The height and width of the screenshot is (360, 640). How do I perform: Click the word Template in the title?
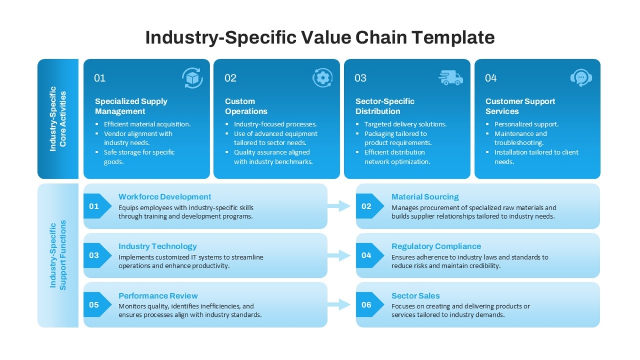pyautogui.click(x=453, y=37)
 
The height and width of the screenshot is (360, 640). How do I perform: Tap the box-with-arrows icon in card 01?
pyautogui.click(x=193, y=78)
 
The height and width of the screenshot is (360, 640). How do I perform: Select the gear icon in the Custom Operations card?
pyautogui.click(x=323, y=77)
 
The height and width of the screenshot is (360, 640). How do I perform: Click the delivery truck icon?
pyautogui.click(x=451, y=78)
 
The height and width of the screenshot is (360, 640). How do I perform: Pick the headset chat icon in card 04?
pyautogui.click(x=581, y=77)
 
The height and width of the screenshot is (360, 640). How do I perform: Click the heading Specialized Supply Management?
pyautogui.click(x=131, y=106)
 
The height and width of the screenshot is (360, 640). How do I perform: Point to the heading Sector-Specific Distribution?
pyautogui.click(x=385, y=106)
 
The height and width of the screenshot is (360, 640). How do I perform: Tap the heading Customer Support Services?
pyautogui.click(x=520, y=106)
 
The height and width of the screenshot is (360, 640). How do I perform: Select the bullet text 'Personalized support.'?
pyautogui.click(x=526, y=124)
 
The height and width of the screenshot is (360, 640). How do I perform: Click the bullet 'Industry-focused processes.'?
pyautogui.click(x=275, y=124)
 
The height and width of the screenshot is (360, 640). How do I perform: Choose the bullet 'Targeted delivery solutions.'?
pyautogui.click(x=405, y=124)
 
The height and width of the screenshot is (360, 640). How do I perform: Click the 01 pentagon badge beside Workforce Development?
pyautogui.click(x=98, y=206)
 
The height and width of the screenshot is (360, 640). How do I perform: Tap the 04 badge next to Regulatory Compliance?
pyautogui.click(x=370, y=255)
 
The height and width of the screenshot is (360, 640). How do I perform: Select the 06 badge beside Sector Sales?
pyautogui.click(x=370, y=305)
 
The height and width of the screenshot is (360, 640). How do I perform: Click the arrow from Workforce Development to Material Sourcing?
pyautogui.click(x=339, y=206)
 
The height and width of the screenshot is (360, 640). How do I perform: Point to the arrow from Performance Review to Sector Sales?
pyautogui.click(x=339, y=305)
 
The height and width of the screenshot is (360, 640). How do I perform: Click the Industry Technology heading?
pyautogui.click(x=157, y=246)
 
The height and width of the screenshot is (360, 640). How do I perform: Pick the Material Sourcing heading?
pyautogui.click(x=425, y=197)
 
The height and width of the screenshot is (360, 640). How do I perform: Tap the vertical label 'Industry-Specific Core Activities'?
pyautogui.click(x=58, y=119)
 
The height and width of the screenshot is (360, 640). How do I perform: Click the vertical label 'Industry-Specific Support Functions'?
pyautogui.click(x=58, y=255)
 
